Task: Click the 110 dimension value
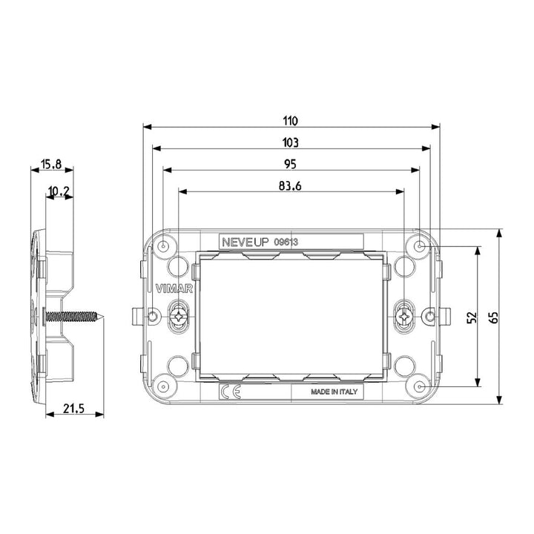[290, 120]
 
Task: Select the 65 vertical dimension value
[493, 317]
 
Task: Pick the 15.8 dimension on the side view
[51, 165]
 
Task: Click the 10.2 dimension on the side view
[59, 192]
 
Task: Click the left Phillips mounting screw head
[178, 317]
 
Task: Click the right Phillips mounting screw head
[403, 317]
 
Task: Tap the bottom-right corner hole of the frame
[420, 387]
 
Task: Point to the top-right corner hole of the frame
[420, 246]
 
